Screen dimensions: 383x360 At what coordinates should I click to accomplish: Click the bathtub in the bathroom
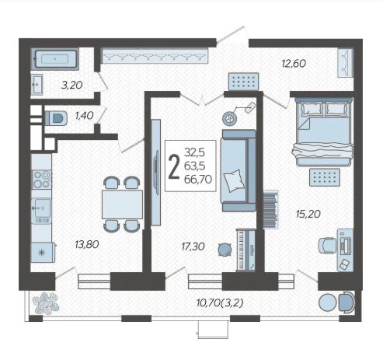coord(55,59)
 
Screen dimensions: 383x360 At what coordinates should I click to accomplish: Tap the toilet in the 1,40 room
coord(57,118)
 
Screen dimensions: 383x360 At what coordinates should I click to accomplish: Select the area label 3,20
coord(72,85)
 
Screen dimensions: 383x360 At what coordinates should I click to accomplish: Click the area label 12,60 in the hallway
coord(294,64)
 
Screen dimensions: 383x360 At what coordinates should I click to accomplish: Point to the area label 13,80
coord(87,244)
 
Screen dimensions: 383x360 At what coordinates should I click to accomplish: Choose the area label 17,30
coord(193,246)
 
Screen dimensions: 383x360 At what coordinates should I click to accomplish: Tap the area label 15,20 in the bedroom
coord(308,214)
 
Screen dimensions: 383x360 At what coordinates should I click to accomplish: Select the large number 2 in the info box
coord(174,166)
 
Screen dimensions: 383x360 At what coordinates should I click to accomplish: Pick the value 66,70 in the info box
coord(198,180)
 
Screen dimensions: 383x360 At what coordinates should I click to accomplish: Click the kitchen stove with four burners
coord(41,179)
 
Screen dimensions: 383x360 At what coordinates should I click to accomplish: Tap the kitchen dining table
coord(122,204)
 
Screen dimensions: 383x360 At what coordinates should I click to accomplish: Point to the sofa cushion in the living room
coord(234,180)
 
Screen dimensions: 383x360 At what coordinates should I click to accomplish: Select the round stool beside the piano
coord(225,250)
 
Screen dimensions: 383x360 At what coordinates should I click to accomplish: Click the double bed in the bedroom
coord(324,132)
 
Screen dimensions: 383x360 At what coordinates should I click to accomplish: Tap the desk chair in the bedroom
coord(328,245)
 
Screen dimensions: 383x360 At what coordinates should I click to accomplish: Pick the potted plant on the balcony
coord(46,303)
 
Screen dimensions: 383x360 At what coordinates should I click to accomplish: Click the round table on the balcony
coord(328,302)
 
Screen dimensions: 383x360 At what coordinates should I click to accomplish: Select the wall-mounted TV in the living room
coord(155,173)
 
